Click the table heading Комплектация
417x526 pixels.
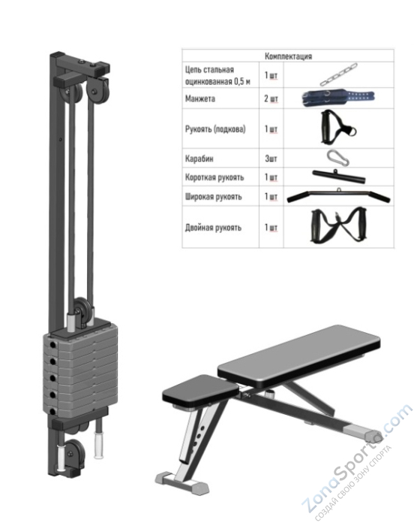288,56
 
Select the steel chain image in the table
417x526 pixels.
338,74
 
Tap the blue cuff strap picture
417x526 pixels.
338,98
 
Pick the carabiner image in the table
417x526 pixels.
338,158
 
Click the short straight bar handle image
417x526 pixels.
338,177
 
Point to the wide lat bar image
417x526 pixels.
338,196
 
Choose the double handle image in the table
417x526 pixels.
338,226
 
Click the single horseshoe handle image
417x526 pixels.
338,128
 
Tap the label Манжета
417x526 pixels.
200,98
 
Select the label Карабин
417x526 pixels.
199,159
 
